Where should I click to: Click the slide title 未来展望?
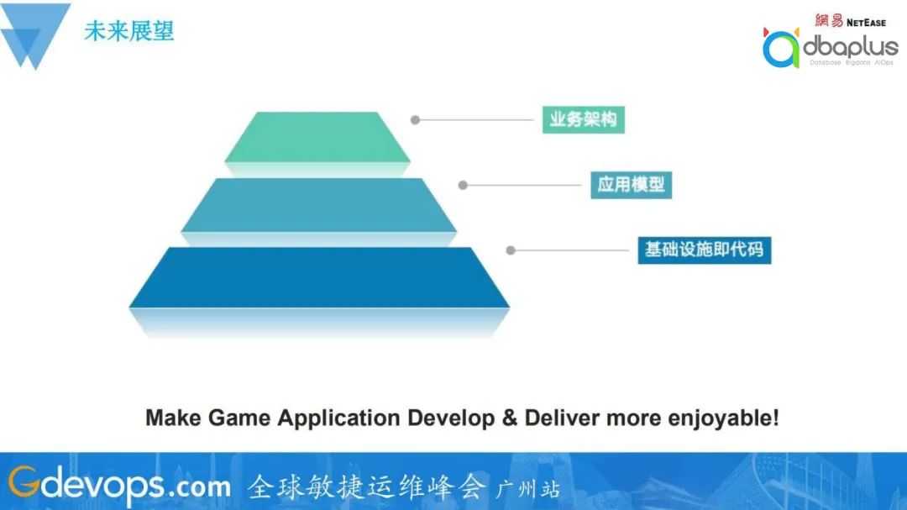(128, 31)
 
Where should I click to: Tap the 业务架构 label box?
(583, 119)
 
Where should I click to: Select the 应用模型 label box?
(631, 185)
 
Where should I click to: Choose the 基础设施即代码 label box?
(704, 250)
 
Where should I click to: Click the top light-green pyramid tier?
(317, 136)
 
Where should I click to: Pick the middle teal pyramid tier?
(318, 204)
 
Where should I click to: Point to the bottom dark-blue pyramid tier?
(319, 276)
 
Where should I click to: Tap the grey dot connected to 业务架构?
(415, 120)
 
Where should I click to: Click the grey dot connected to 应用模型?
(462, 185)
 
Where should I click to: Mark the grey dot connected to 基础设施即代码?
(510, 250)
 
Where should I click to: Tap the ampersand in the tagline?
(509, 418)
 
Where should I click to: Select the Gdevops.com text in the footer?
(119, 485)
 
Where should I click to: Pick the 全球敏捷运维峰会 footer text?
(366, 486)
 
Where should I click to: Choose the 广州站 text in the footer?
(527, 488)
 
